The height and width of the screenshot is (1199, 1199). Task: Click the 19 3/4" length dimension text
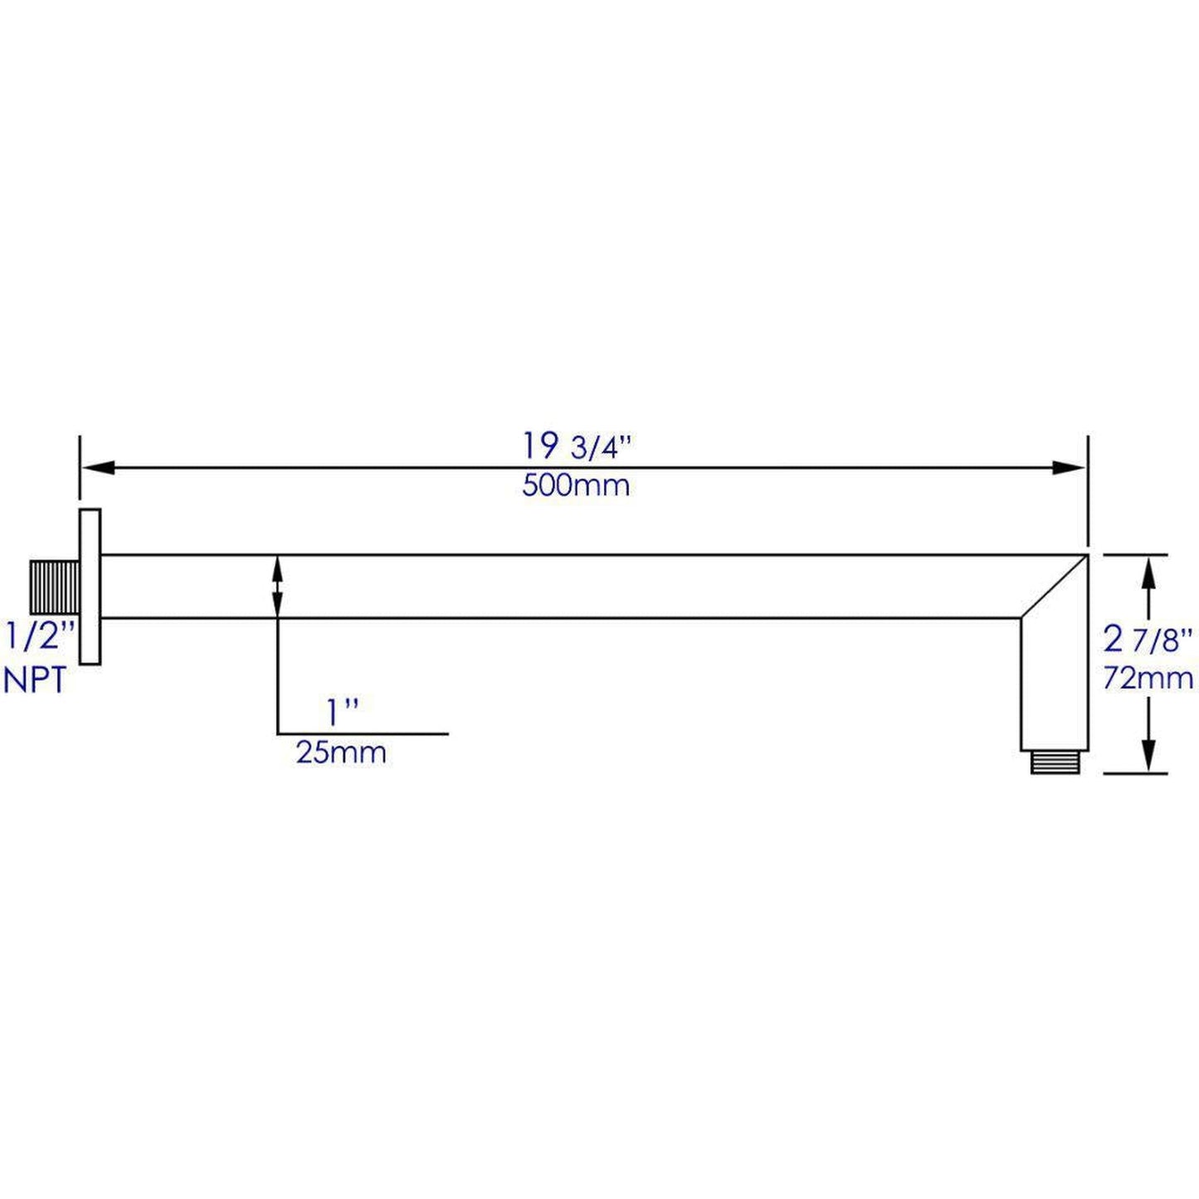click(x=576, y=446)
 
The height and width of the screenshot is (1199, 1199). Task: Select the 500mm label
click(x=576, y=485)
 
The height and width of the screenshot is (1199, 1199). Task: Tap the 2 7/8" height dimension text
click(x=1148, y=640)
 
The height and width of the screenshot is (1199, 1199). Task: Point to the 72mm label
click(x=1148, y=679)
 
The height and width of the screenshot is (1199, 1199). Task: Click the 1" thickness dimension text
click(x=341, y=712)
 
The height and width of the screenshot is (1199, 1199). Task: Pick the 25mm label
click(x=341, y=753)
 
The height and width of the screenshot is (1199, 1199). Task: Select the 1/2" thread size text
click(x=39, y=637)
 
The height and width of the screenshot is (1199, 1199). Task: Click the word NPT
click(x=35, y=680)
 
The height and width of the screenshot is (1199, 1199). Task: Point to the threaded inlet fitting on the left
click(x=55, y=587)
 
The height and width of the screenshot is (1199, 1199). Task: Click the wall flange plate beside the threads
click(x=90, y=587)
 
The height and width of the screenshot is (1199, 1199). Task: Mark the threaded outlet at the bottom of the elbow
click(x=1055, y=763)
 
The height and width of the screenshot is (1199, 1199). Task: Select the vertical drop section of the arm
click(x=1054, y=689)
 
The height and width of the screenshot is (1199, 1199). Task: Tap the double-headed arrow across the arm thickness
click(x=277, y=587)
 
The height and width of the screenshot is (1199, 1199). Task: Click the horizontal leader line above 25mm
click(x=363, y=734)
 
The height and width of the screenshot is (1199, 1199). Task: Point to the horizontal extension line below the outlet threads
click(x=1134, y=773)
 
